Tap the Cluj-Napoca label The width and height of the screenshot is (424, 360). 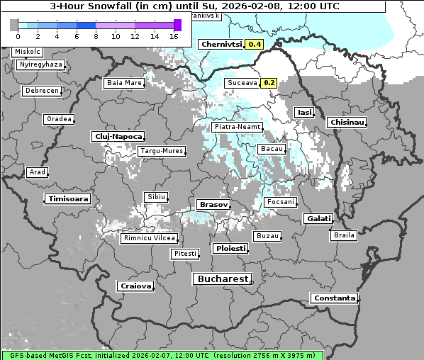click(x=118, y=136)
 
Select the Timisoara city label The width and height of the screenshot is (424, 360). click(x=69, y=199)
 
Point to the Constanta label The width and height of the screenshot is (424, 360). click(x=335, y=298)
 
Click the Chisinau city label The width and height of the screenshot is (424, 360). click(x=347, y=123)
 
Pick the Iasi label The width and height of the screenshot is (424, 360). click(x=304, y=112)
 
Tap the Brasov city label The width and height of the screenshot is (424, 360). click(x=213, y=204)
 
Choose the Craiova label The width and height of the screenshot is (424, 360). click(x=136, y=286)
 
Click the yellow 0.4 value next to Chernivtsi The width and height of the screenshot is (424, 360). click(x=254, y=44)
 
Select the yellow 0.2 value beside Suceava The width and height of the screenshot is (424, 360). click(x=269, y=82)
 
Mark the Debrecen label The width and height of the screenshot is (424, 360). click(x=42, y=91)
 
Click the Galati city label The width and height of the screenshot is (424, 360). click(x=318, y=218)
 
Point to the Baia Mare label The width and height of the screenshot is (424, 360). click(x=124, y=83)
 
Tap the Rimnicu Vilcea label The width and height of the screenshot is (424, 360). click(x=147, y=238)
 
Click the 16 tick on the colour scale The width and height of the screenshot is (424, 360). click(x=173, y=35)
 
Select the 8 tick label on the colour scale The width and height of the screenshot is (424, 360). click(x=95, y=35)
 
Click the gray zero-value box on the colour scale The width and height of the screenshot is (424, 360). click(x=13, y=25)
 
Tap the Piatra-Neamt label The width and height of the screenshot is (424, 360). click(x=238, y=127)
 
